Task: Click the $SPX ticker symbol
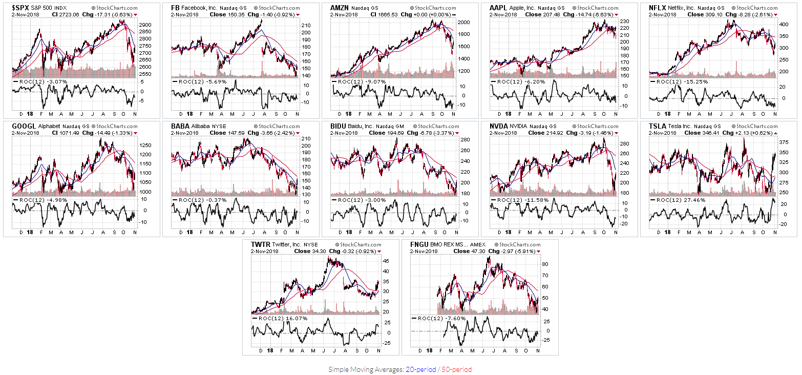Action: coord(20,8)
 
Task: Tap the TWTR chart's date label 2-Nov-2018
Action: coord(265,251)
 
